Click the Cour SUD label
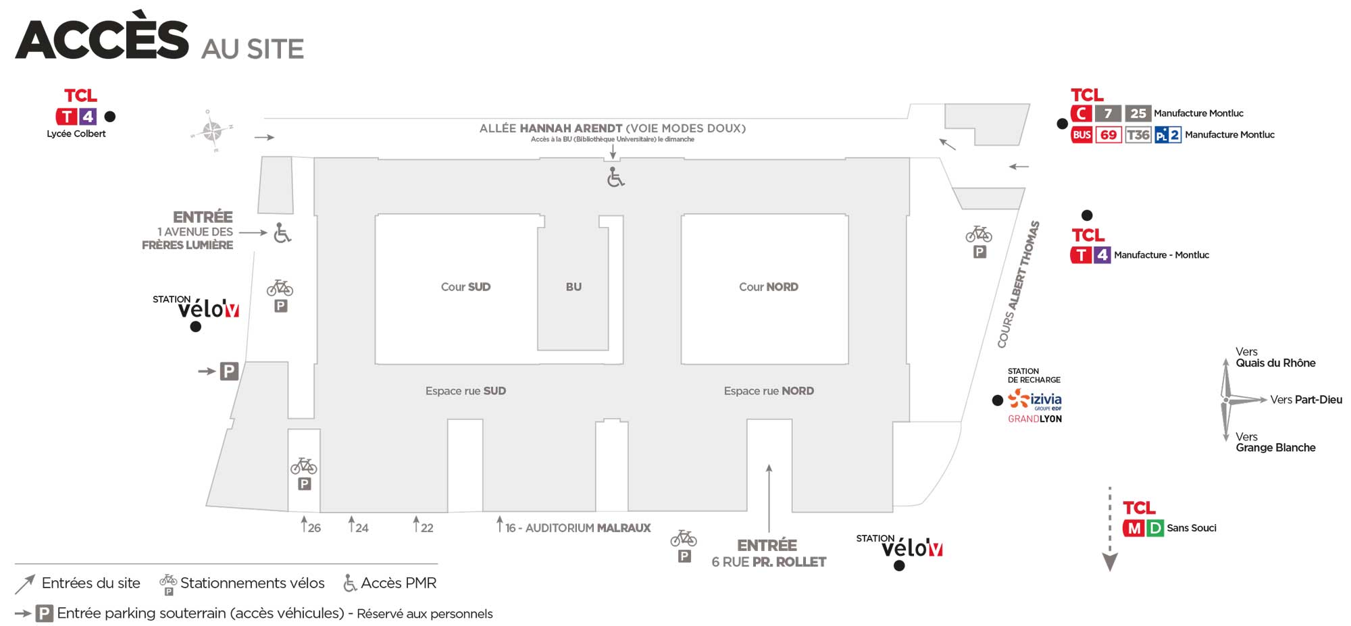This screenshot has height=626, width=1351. [x=465, y=287]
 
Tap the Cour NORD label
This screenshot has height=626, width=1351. [x=768, y=287]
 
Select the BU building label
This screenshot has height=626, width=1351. [x=573, y=287]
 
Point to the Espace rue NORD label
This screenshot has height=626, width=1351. [x=769, y=391]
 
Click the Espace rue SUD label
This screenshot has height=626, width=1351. [x=465, y=391]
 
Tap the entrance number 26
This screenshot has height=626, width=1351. [x=314, y=528]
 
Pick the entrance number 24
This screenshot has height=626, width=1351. [x=361, y=528]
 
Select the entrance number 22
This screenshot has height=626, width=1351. [x=427, y=528]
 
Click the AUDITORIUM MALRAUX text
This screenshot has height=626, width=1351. [x=588, y=528]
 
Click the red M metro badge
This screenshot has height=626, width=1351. [x=1133, y=529]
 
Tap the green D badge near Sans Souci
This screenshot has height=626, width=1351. [x=1155, y=529]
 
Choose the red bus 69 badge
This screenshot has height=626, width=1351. [x=1108, y=135]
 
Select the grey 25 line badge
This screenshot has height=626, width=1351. [x=1138, y=113]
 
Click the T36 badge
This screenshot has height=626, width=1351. [x=1138, y=135]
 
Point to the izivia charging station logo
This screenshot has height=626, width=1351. [x=1035, y=400]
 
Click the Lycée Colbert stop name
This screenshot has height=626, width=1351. [x=76, y=134]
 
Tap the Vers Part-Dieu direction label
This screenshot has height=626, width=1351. [x=1306, y=400]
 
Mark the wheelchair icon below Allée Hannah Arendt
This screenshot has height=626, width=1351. [x=615, y=178]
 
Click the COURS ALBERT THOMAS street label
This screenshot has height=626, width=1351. [x=1019, y=284]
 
